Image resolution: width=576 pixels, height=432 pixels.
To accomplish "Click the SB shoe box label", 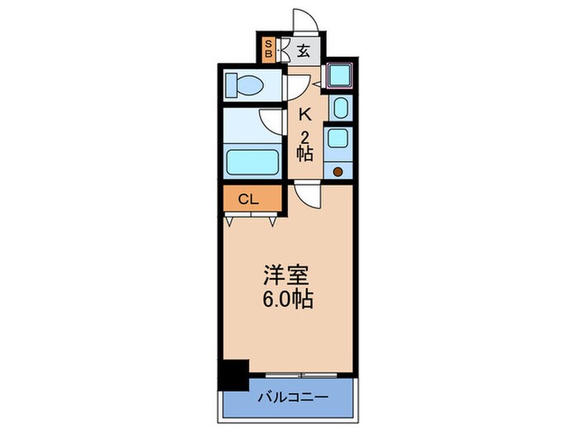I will (x=269, y=50).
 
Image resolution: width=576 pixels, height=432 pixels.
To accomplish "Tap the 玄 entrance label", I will (x=303, y=51).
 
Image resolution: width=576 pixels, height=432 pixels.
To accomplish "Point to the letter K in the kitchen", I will (x=304, y=116).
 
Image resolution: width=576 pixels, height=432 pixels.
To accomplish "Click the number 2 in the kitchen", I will (x=304, y=136).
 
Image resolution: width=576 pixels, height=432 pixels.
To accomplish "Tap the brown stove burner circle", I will (x=337, y=171).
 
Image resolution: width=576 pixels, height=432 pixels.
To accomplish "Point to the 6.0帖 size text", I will (x=286, y=300).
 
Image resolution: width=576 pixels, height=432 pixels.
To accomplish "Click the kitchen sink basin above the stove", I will (x=337, y=136).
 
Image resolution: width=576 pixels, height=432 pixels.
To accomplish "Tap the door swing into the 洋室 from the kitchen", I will (x=306, y=196).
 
